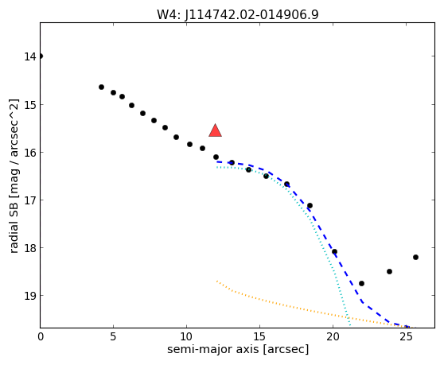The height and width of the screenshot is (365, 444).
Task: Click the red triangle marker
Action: click(215, 130)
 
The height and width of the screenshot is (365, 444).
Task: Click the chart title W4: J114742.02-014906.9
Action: click(238, 14)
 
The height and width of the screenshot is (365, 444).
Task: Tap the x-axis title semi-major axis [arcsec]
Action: click(238, 349)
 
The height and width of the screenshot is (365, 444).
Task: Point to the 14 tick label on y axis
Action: click(29, 56)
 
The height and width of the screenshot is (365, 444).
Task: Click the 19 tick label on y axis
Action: click(29, 296)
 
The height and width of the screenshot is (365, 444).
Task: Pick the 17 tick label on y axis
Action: click(29, 200)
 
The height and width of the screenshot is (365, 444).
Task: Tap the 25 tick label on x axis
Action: click(406, 336)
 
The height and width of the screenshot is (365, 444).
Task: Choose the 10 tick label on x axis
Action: click(186, 336)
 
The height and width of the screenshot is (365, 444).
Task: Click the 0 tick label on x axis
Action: click(41, 336)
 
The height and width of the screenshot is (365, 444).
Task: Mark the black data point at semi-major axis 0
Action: click(41, 56)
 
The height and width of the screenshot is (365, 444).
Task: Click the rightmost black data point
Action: click(415, 257)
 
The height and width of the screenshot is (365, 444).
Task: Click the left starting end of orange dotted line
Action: click(217, 281)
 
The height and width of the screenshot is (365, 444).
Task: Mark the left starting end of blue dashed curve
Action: click(217, 161)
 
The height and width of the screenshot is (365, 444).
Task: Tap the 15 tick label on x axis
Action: click(259, 336)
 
